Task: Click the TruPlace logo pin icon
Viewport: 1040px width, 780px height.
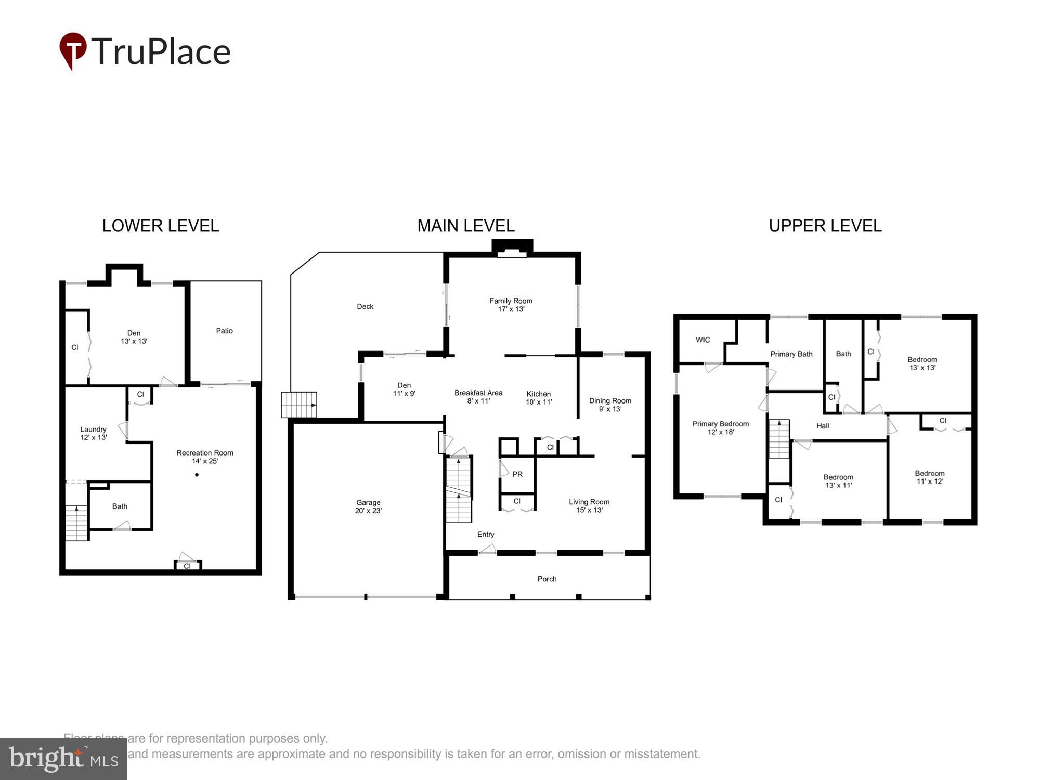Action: click(x=73, y=50)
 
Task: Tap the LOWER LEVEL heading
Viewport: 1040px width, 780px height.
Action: click(x=160, y=226)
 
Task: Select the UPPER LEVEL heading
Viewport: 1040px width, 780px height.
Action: click(x=825, y=226)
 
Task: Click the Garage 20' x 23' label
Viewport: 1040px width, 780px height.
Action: click(x=368, y=506)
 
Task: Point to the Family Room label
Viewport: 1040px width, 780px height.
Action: click(x=511, y=305)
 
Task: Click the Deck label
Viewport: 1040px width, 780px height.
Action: click(x=365, y=307)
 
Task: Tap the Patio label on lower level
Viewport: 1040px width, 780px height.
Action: click(x=225, y=331)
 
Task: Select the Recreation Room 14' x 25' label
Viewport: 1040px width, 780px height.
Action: click(x=205, y=457)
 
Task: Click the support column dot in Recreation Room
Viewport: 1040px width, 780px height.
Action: click(x=197, y=475)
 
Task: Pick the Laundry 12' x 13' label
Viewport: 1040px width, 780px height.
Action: click(x=94, y=433)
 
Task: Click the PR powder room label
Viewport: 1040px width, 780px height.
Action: click(x=517, y=474)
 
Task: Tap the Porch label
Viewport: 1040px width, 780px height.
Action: click(x=547, y=579)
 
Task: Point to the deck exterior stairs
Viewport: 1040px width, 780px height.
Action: click(x=299, y=405)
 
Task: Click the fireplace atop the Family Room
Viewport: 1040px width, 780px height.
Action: click(x=512, y=248)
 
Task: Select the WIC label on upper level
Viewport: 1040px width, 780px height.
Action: click(x=703, y=340)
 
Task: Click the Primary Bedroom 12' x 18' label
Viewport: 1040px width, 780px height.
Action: click(x=721, y=427)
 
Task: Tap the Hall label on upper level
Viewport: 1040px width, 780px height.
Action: click(x=823, y=426)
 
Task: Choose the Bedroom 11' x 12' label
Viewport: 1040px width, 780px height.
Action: click(x=930, y=477)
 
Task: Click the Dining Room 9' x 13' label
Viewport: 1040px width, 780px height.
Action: click(x=610, y=405)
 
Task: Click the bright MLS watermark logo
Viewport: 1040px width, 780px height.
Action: click(x=63, y=759)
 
